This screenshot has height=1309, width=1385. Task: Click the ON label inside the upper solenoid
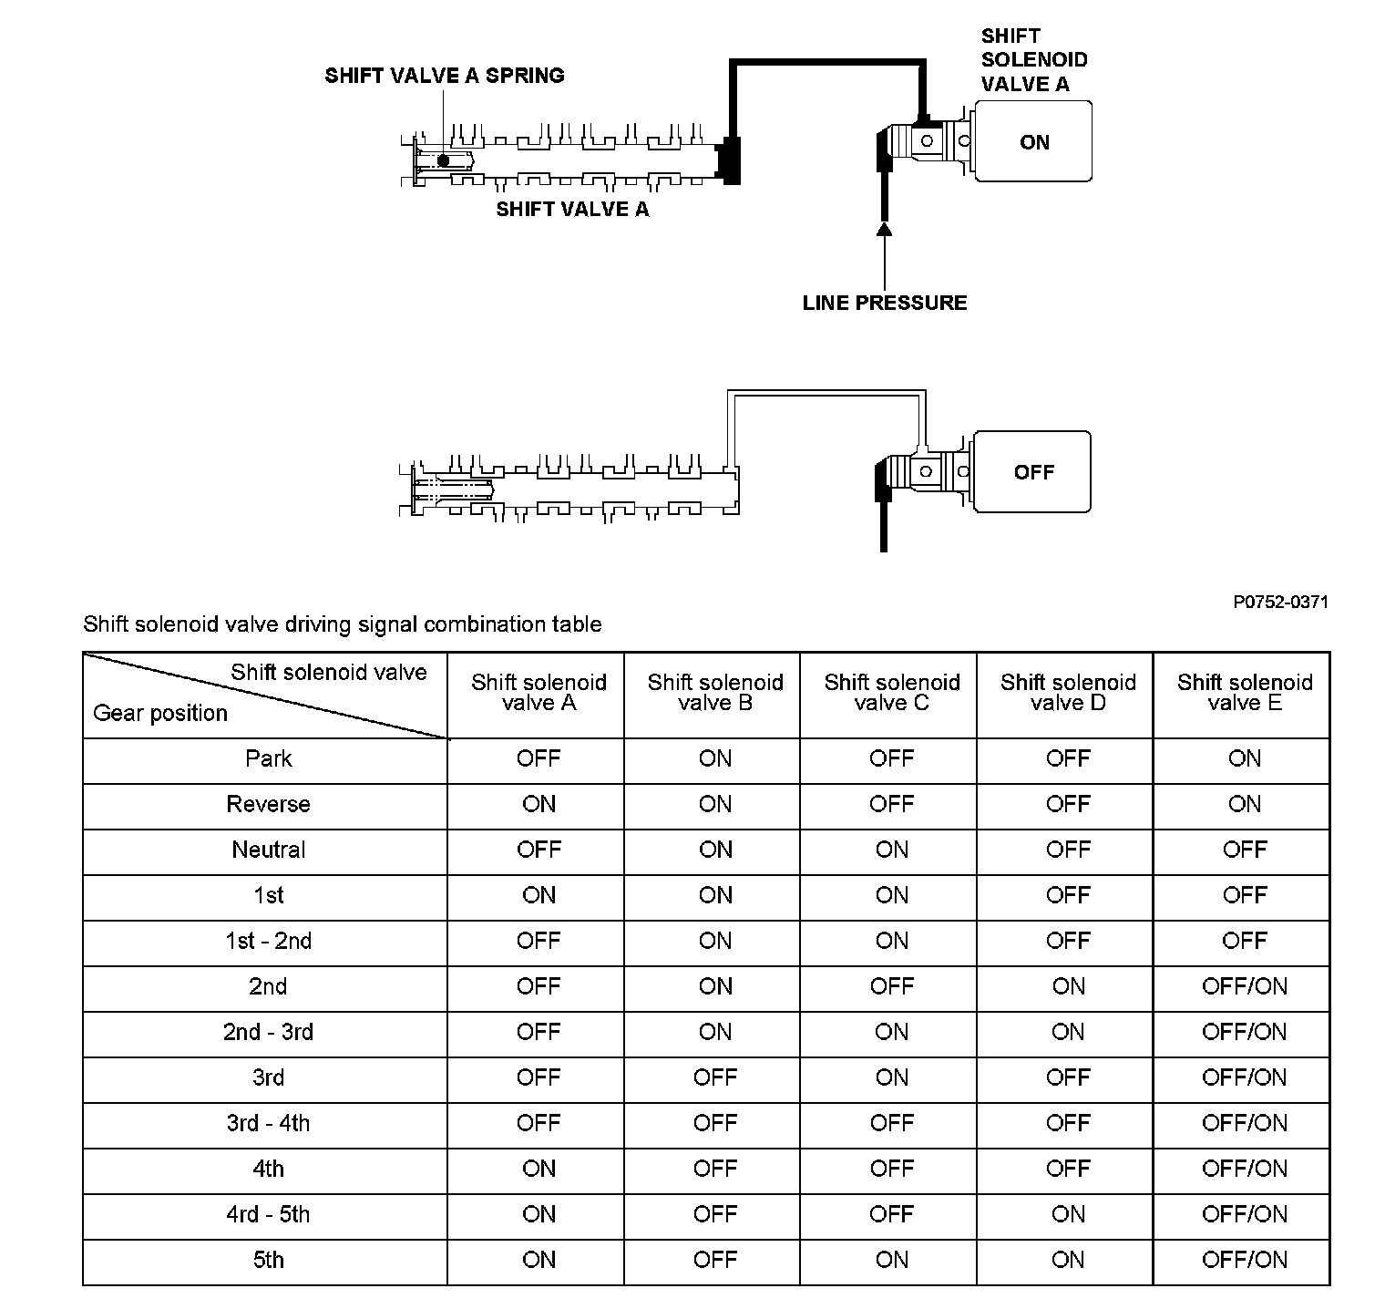coord(1034,142)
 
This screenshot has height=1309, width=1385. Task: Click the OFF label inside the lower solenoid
coord(1033,472)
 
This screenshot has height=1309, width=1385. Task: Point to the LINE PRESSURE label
coord(885,303)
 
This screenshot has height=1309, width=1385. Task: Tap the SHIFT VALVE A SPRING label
coord(445,76)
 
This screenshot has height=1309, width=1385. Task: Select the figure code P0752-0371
coord(1280,602)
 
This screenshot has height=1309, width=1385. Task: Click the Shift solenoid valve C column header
coord(891,693)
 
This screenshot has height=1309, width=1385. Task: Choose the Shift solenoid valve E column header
coord(1244,693)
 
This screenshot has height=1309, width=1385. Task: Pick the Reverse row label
coord(268,805)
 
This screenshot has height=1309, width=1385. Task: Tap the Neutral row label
coord(268,850)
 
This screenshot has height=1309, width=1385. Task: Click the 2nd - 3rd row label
coord(268,1033)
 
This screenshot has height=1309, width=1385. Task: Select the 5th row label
coord(268,1261)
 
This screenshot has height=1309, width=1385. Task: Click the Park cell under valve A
coord(539,759)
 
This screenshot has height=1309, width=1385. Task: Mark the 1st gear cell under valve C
coord(891,896)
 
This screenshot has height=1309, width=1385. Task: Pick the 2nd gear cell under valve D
coord(1068,987)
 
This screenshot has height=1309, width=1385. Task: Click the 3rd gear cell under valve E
coord(1244,1078)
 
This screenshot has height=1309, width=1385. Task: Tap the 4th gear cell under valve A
coord(539,1170)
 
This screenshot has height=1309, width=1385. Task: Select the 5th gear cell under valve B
coord(714,1261)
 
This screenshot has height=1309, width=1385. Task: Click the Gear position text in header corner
coord(160,713)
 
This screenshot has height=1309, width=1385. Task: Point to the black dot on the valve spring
coord(444,160)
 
